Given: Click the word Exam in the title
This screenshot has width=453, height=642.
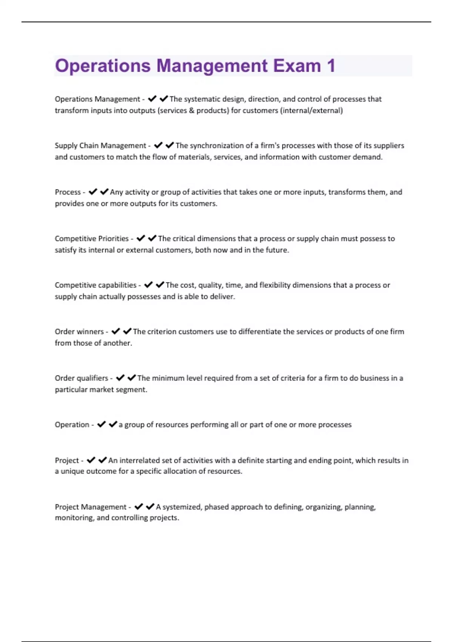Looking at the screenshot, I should point(297,66).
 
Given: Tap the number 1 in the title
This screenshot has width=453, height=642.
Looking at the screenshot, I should point(331,66).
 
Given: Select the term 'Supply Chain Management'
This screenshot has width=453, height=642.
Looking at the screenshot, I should point(100,146).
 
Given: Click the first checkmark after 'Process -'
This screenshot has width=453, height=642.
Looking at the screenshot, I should point(92,192).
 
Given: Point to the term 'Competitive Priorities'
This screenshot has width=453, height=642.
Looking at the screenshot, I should point(92,239).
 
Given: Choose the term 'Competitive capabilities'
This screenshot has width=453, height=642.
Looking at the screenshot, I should point(96,285).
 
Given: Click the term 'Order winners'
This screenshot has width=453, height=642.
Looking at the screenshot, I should point(79,332).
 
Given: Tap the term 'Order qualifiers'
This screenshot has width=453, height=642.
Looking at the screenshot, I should point(82,378).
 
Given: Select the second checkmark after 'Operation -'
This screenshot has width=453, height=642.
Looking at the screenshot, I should point(113,424).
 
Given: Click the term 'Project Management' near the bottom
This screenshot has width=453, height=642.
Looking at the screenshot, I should point(91,507).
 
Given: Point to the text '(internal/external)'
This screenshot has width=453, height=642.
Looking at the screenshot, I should point(311,111).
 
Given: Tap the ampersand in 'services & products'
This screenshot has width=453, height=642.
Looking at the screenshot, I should point(191,111).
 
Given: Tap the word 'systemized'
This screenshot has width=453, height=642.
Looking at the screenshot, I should point(182,507).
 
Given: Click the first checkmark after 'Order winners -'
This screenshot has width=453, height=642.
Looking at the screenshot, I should point(116,332).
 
